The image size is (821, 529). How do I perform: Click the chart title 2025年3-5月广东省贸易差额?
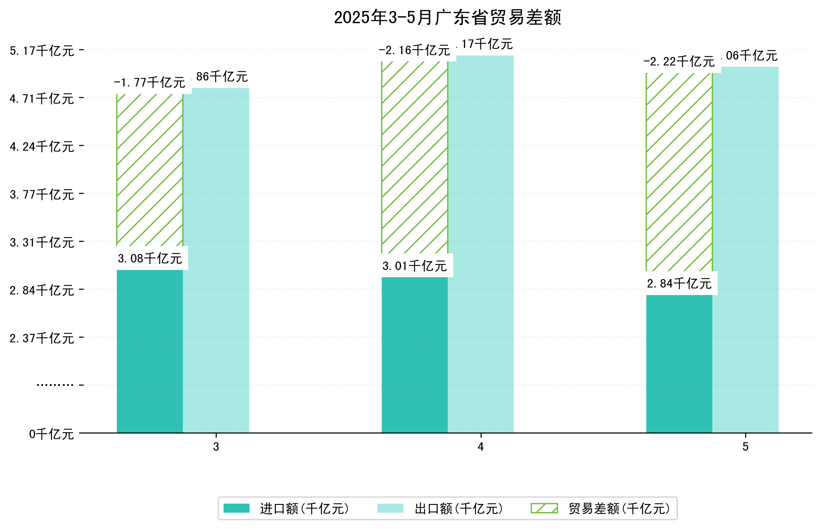coord(447,18)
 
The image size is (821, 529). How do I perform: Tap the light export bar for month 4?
coord(481,244)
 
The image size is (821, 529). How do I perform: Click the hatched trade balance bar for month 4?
coord(415,157)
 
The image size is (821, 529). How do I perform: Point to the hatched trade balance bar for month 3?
coord(150,170)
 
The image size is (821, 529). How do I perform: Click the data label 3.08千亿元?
coord(150,258)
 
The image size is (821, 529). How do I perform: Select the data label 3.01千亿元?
coord(415,266)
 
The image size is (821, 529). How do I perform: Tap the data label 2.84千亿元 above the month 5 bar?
coord(679,283)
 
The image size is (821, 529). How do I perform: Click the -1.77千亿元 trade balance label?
coord(150,82)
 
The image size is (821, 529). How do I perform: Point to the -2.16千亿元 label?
coord(415,50)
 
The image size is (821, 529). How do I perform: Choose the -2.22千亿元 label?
coord(679,61)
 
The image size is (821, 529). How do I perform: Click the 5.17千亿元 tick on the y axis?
coord(42,51)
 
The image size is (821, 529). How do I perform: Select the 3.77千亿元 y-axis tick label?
coord(42,194)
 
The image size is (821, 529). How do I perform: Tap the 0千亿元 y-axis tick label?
coord(51,434)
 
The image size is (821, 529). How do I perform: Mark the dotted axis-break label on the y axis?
coord(55,385)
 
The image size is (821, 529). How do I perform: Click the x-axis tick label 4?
coord(480,447)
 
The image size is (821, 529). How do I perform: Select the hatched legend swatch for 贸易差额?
coord(544,508)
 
